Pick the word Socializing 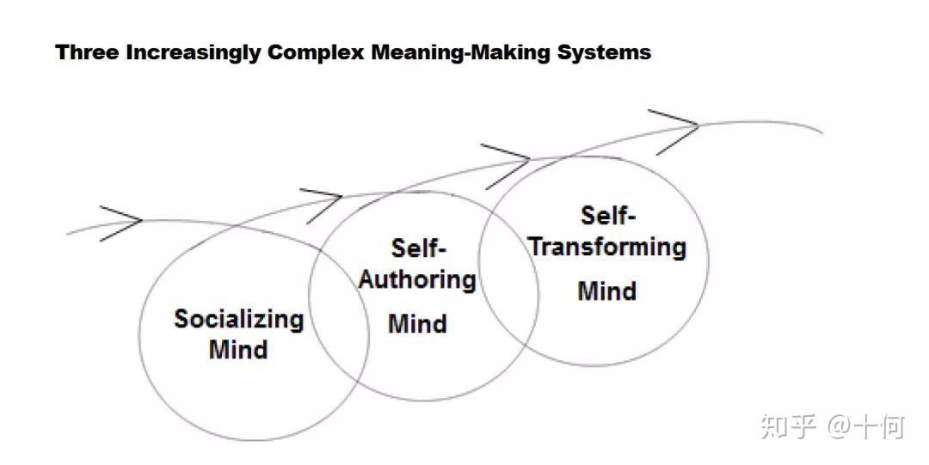click(238, 320)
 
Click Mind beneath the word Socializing click(238, 350)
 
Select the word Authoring click(417, 280)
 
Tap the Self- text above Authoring click(419, 249)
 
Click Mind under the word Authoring click(417, 324)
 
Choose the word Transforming click(607, 247)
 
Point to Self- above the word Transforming click(607, 215)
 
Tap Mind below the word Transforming click(607, 291)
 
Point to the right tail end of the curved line click(821, 133)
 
